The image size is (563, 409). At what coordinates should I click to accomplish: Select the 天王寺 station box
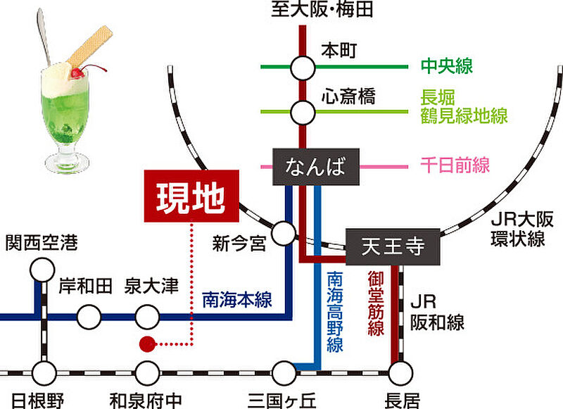(393, 247)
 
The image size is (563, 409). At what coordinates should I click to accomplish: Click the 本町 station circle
(303, 68)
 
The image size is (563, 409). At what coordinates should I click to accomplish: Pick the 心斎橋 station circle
(303, 111)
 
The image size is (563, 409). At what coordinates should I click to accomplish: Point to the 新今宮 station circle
(284, 232)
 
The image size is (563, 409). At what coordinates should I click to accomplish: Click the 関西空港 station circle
(43, 270)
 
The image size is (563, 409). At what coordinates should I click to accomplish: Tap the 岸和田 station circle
(89, 317)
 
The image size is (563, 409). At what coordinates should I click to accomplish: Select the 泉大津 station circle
(147, 317)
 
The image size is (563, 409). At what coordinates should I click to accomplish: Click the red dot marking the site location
(146, 344)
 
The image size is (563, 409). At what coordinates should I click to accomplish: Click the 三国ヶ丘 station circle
(284, 372)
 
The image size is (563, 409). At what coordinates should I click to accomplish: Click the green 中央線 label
(446, 66)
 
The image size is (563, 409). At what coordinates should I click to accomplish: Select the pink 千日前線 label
(454, 167)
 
